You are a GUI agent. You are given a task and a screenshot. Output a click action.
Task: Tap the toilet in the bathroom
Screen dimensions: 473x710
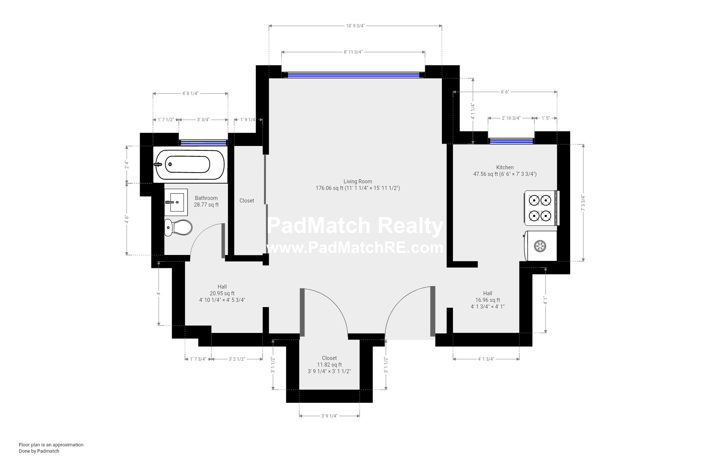(179, 227)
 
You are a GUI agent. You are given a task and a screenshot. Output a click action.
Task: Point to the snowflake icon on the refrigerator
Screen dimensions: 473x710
(540, 246)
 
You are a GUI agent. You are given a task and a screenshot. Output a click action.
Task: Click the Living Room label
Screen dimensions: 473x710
(358, 181)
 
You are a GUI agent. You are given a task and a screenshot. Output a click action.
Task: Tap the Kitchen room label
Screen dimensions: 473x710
(505, 167)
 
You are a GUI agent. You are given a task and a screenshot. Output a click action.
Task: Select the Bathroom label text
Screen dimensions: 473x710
(206, 198)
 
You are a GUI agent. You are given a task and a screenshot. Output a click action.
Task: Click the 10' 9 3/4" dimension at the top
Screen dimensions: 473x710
(355, 26)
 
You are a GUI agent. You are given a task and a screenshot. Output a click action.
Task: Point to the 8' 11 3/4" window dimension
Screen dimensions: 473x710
(353, 52)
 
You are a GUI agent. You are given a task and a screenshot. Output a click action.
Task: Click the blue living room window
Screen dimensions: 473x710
(353, 75)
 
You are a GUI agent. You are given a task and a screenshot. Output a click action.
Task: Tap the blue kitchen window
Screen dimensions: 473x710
(511, 141)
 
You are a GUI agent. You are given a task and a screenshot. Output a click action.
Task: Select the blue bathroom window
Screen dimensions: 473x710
(203, 143)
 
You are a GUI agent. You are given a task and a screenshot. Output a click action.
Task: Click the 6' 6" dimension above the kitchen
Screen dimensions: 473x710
(505, 92)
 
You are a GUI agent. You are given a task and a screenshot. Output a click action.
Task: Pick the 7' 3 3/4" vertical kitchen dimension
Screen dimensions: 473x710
(584, 203)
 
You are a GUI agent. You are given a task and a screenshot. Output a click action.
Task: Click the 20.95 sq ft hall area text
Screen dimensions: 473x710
(222, 293)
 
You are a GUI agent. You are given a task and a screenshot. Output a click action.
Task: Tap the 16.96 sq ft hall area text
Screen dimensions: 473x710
(488, 300)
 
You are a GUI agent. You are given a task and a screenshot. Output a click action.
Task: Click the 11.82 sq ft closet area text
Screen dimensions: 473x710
(329, 365)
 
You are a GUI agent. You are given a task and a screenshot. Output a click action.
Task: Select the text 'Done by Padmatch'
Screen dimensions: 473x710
(39, 451)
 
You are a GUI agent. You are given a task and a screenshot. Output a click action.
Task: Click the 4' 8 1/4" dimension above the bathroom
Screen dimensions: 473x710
(190, 93)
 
